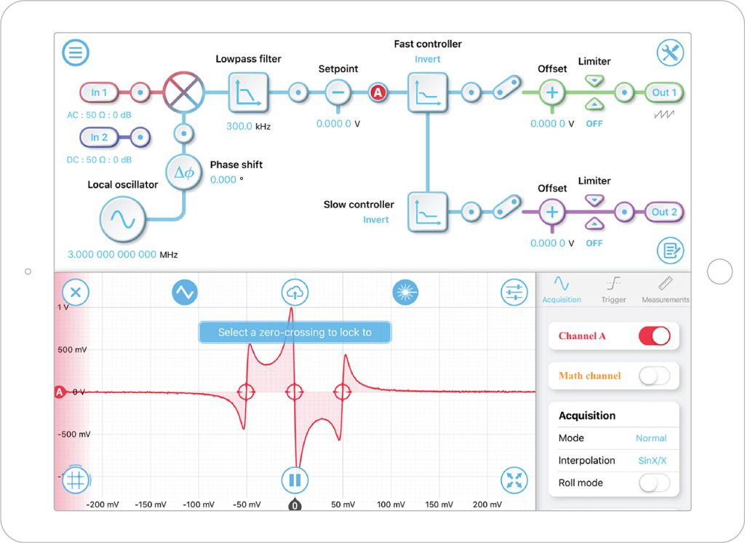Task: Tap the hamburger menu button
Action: pyautogui.click(x=76, y=52)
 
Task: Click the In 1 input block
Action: pyautogui.click(x=99, y=92)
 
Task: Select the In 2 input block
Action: pyautogui.click(x=99, y=137)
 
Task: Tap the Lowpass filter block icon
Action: pyautogui.click(x=248, y=92)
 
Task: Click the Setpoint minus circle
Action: pyautogui.click(x=338, y=92)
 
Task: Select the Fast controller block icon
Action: pyautogui.click(x=427, y=92)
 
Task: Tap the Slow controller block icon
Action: pyautogui.click(x=427, y=212)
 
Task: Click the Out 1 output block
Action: pyautogui.click(x=664, y=92)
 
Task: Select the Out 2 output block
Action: pyautogui.click(x=664, y=212)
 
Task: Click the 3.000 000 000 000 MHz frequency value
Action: pyautogui.click(x=112, y=255)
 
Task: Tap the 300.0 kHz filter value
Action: pyautogui.click(x=239, y=126)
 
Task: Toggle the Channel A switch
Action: pyautogui.click(x=653, y=336)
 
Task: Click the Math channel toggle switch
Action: pyautogui.click(x=653, y=376)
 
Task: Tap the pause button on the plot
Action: pyautogui.click(x=295, y=480)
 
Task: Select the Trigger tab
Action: pyautogui.click(x=613, y=290)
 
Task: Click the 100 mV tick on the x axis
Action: pyautogui.click(x=391, y=504)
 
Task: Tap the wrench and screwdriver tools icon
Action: pyautogui.click(x=669, y=52)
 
